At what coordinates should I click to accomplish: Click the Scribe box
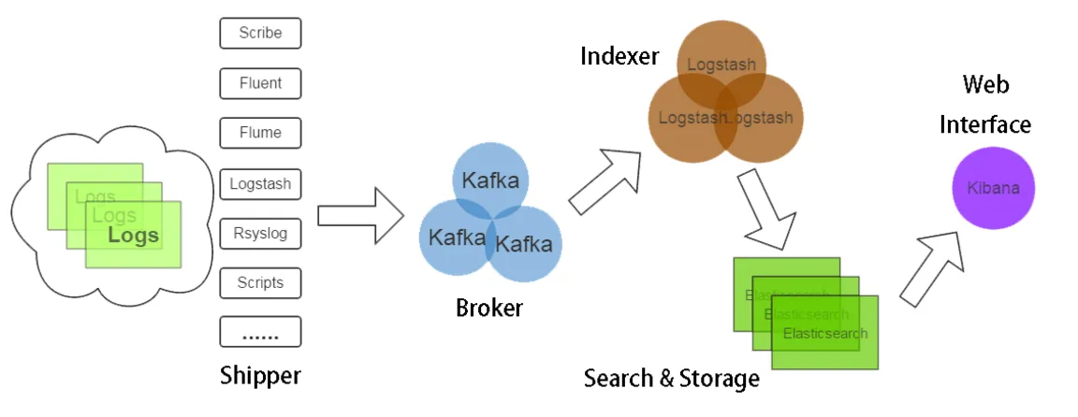[x=260, y=33]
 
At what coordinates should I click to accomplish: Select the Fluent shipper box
[x=260, y=83]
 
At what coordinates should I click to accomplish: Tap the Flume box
[x=260, y=133]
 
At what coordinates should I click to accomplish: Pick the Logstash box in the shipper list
[x=260, y=183]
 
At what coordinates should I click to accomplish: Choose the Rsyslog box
[x=260, y=233]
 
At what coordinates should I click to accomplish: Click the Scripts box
[x=260, y=282]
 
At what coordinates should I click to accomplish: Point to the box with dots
[x=260, y=332]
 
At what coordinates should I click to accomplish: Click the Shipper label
[x=260, y=376]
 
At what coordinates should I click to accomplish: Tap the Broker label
[x=488, y=307]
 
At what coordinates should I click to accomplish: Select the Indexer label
[x=619, y=56]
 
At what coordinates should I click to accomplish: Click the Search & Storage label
[x=671, y=379]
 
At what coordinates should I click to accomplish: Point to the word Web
[x=985, y=85]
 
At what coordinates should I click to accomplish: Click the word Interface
[x=985, y=124]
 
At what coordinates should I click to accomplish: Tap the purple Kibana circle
[x=993, y=188]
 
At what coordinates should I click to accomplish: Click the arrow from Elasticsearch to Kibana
[x=934, y=266]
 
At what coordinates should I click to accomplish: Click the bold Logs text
[x=133, y=236]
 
